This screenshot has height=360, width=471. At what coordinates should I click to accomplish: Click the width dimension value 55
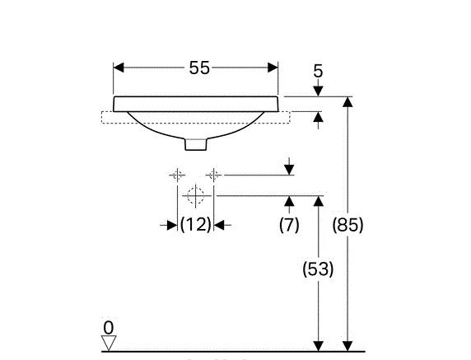coord(199,68)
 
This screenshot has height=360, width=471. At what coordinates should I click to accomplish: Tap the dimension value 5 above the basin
coord(318,71)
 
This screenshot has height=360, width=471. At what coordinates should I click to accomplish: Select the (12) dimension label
coord(195,224)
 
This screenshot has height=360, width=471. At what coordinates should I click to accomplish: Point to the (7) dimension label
coord(289,225)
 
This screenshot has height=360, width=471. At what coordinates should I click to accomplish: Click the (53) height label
coord(318,269)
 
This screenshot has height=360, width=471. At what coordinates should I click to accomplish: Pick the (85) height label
coord(347,225)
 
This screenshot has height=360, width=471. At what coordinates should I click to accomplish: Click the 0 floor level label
coord(109,328)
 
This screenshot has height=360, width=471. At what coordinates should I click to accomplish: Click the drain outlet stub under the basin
coord(196,144)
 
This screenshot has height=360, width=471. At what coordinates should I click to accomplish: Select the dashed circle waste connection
coord(195,195)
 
